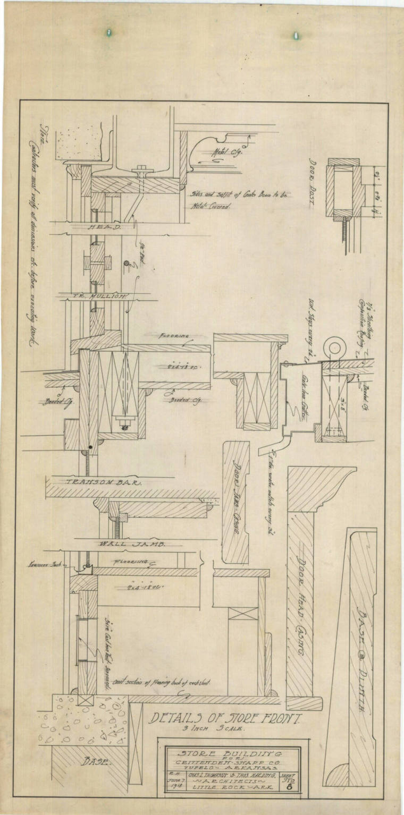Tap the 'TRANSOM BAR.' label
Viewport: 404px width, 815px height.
tap(99, 482)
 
